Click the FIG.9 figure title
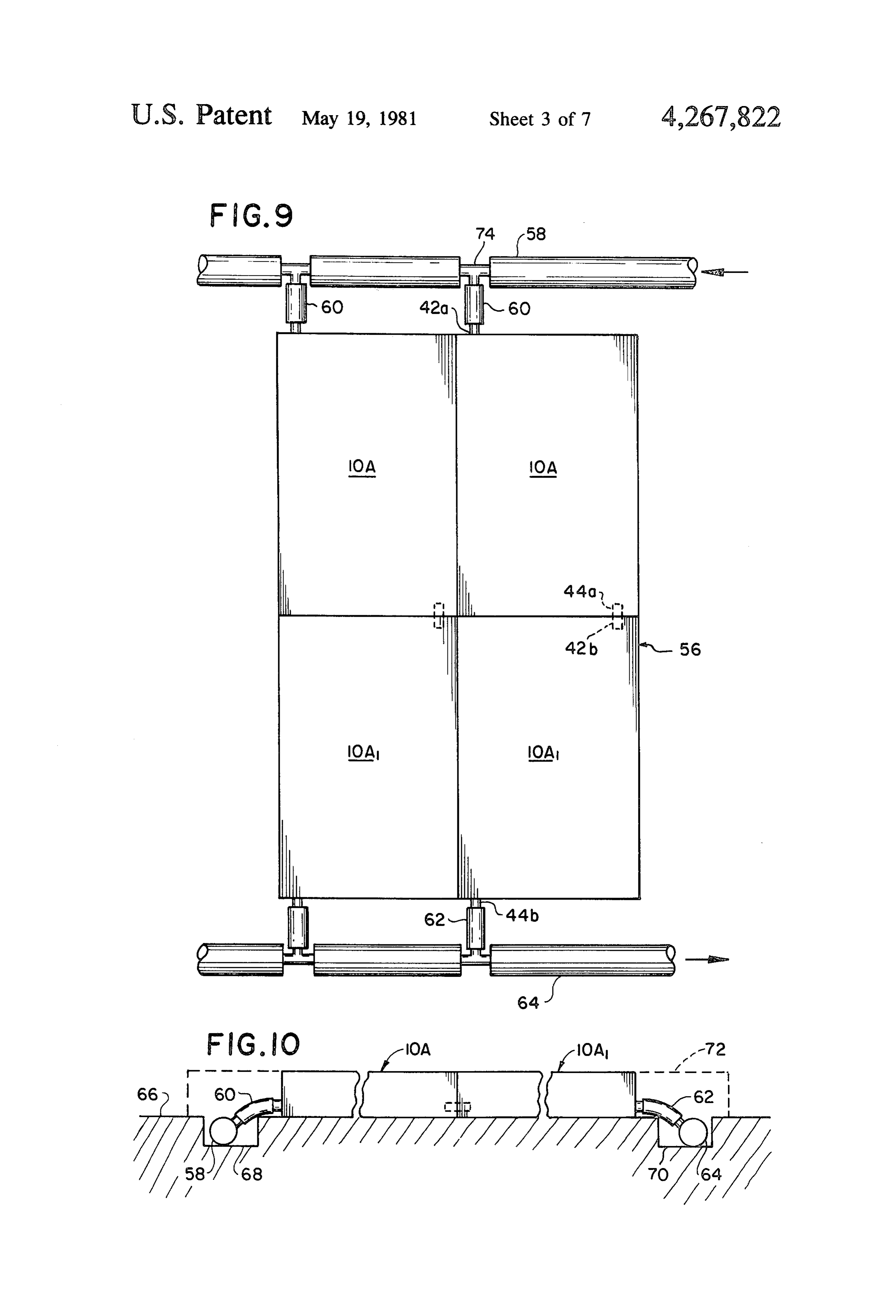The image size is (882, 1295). click(251, 216)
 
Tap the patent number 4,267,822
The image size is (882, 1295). click(720, 117)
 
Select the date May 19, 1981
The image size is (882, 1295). click(359, 118)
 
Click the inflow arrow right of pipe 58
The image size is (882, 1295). click(725, 272)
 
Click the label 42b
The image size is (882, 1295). click(581, 648)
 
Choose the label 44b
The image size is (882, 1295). click(522, 915)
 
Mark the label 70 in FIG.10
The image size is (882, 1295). click(658, 1174)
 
